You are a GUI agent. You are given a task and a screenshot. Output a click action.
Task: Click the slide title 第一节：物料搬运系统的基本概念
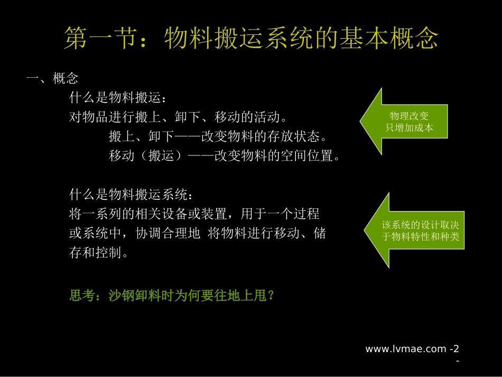point(251,39)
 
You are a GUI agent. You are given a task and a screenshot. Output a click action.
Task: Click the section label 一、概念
point(52,79)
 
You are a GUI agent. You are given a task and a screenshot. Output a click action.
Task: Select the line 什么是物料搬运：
point(118,98)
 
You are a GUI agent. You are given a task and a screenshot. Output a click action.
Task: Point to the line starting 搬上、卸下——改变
point(218,136)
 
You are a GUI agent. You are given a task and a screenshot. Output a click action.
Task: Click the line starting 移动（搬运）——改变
point(224,156)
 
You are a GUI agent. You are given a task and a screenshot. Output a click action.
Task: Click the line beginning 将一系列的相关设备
point(194,214)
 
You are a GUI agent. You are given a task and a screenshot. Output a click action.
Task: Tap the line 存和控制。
point(99,253)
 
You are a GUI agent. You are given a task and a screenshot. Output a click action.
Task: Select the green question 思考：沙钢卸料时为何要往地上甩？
point(172,295)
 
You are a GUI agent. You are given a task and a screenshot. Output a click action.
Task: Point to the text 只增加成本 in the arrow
point(410,127)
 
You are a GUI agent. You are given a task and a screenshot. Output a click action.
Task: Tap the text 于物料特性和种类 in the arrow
point(421,237)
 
